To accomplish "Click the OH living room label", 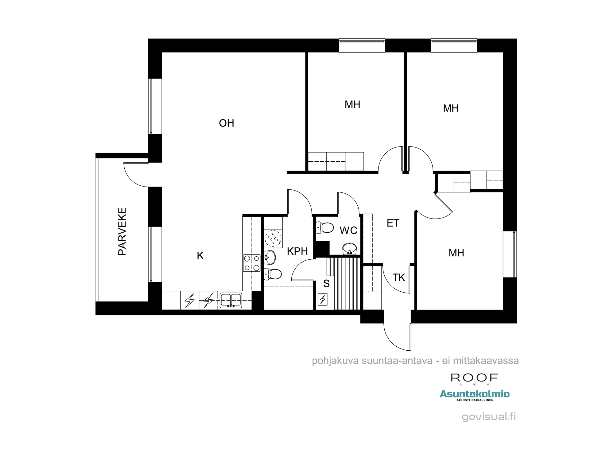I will (227, 123).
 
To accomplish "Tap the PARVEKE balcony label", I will (122, 231).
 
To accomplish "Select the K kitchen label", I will (200, 255).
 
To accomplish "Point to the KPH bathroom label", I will (297, 251).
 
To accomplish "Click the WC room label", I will (348, 230).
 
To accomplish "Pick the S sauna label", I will (326, 283).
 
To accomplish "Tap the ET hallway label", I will (393, 223).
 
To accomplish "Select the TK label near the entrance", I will (399, 278).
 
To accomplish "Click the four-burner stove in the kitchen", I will (252, 263).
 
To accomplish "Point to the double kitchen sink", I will (231, 300).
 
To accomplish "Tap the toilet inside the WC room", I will (325, 228).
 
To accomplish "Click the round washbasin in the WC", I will (349, 248).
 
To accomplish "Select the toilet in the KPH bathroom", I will (273, 274).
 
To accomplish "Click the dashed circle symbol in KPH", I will (273, 238).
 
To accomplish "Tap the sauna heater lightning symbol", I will (323, 299).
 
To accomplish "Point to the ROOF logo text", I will (474, 378).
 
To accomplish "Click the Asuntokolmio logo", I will (475, 394).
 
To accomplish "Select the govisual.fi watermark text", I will (489, 417).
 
